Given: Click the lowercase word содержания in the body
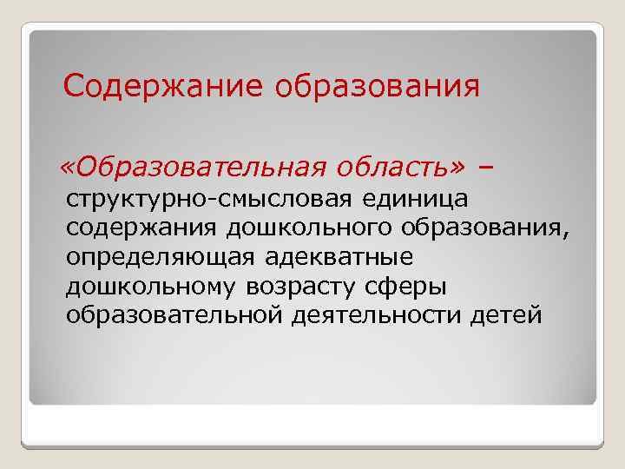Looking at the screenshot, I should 142,228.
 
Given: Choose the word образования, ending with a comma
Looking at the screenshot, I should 490,228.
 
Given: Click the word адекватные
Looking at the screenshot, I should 339,257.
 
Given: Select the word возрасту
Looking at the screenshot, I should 314,286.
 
